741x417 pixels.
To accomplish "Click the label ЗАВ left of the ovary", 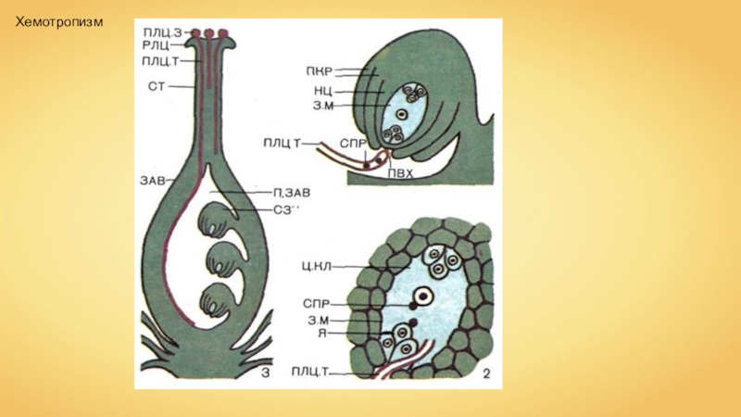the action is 155,180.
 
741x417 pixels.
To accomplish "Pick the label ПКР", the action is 317,69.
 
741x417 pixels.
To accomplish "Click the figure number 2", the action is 484,373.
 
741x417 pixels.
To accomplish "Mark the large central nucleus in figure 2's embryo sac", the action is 422,297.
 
